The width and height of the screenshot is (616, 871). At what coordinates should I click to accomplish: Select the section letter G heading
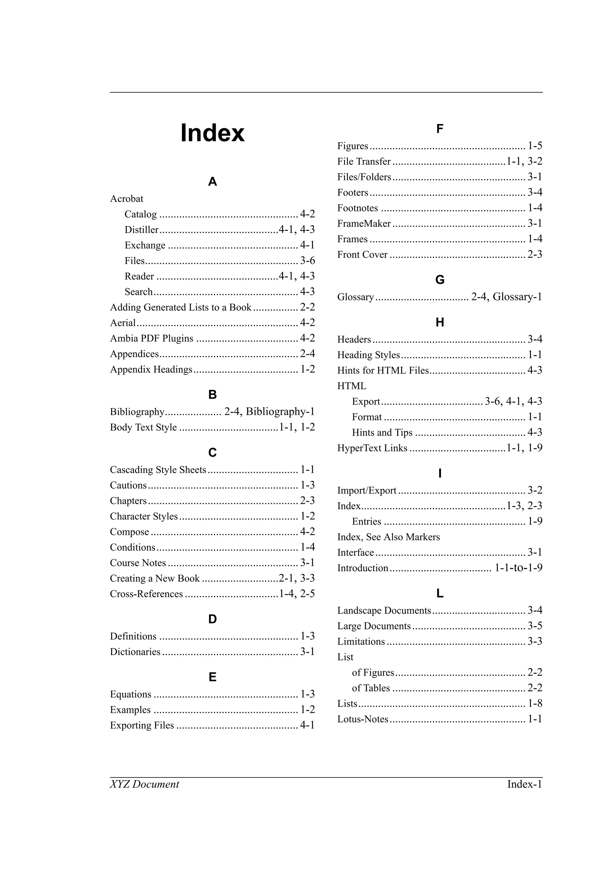tap(439, 280)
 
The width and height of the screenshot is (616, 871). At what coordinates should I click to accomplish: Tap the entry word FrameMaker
tap(364, 224)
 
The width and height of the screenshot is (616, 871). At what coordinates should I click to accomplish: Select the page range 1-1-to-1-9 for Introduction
tap(519, 568)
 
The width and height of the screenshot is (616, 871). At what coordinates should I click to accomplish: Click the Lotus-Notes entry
tap(362, 719)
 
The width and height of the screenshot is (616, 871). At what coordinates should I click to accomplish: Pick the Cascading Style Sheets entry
tap(158, 470)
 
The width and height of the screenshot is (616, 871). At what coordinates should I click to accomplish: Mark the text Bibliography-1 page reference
tap(280, 412)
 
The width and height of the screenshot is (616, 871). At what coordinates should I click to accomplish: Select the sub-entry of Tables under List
tap(371, 688)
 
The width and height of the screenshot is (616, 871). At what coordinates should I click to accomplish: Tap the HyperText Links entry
tap(372, 448)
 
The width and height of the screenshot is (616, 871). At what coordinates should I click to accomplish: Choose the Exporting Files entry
tap(142, 725)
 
